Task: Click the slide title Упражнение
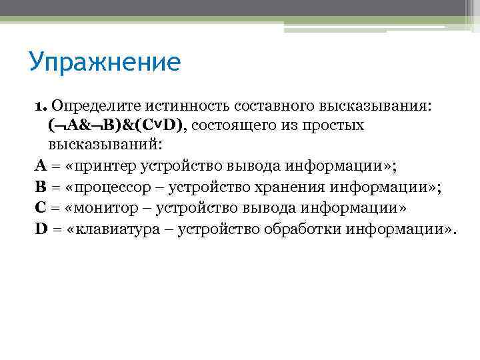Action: point(104,63)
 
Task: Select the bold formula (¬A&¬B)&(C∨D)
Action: point(117,125)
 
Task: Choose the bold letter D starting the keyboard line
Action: point(41,229)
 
